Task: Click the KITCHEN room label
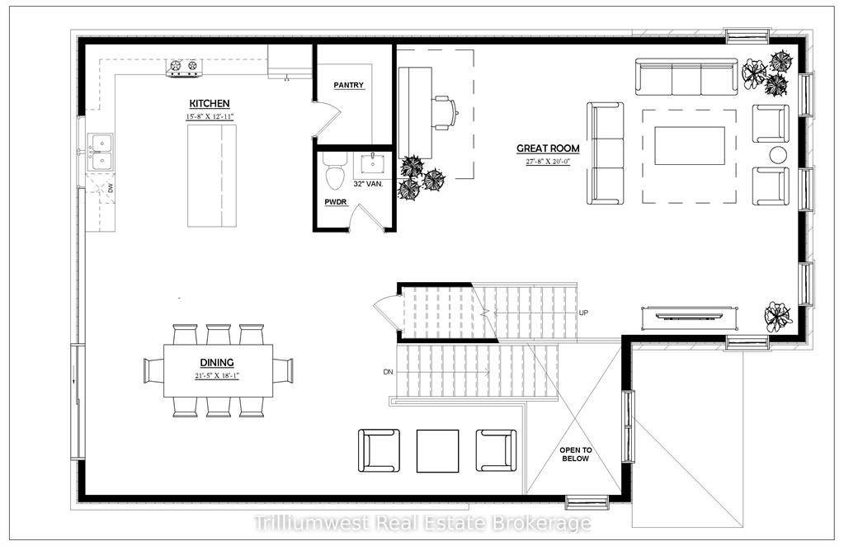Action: pyautogui.click(x=210, y=103)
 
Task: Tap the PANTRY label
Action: pyautogui.click(x=349, y=85)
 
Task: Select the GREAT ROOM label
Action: pyautogui.click(x=548, y=148)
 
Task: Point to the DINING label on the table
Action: pyautogui.click(x=216, y=362)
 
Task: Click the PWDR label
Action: pyautogui.click(x=335, y=200)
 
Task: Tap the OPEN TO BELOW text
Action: pyautogui.click(x=576, y=454)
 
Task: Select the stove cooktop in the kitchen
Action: pyautogui.click(x=184, y=67)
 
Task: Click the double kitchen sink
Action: pyautogui.click(x=102, y=152)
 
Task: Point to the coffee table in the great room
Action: pyautogui.click(x=690, y=146)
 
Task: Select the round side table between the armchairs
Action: pyautogui.click(x=779, y=154)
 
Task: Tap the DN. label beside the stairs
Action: pyautogui.click(x=389, y=373)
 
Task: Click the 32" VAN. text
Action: pyautogui.click(x=368, y=184)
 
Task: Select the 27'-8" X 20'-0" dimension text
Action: pyautogui.click(x=548, y=162)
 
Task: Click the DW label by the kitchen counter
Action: pyautogui.click(x=110, y=189)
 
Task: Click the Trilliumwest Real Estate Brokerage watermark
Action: pyautogui.click(x=422, y=523)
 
